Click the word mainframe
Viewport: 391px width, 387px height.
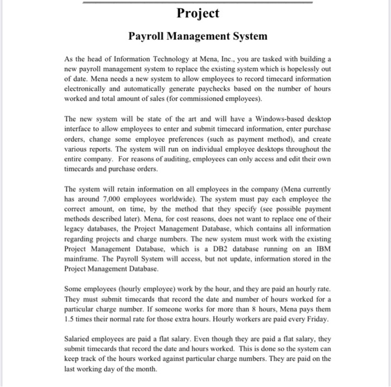pos(83,259)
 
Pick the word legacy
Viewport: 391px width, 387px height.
pos(75,229)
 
